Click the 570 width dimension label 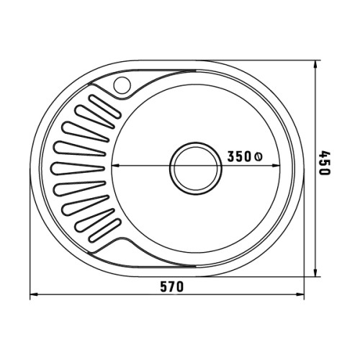(172, 287)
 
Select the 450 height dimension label (325, 163)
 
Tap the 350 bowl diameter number (239, 156)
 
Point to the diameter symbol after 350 (258, 157)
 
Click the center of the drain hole (196, 168)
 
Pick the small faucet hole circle (122, 85)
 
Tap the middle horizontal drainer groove (78, 168)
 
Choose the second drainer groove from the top (95, 117)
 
